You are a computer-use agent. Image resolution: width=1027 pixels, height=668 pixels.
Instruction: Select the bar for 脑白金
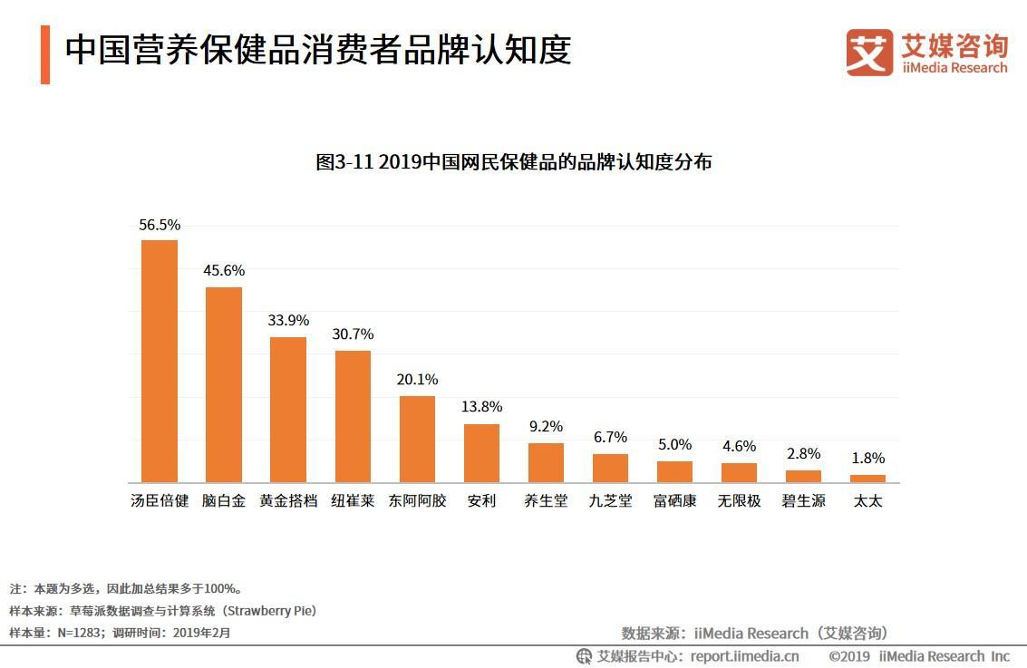[224, 384]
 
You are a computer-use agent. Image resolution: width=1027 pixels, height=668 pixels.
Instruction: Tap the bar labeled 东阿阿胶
[417, 439]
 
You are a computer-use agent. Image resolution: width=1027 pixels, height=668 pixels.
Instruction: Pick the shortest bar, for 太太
[867, 478]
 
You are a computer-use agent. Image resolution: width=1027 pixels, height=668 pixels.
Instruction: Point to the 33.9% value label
[288, 320]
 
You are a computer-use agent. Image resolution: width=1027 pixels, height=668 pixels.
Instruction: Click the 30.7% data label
[353, 334]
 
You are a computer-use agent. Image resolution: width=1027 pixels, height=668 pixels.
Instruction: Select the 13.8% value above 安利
[481, 406]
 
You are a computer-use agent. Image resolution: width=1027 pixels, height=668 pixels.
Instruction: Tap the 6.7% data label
[610, 437]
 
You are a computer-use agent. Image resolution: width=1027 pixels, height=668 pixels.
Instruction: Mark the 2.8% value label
[803, 453]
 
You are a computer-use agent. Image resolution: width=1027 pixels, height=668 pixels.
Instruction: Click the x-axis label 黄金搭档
[288, 500]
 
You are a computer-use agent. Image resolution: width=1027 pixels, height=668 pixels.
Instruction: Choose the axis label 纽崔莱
[353, 500]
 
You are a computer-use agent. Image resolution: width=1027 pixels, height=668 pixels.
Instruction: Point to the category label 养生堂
[546, 500]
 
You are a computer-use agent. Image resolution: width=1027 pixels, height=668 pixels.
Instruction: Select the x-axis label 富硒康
[674, 500]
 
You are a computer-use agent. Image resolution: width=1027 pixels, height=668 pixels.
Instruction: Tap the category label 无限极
[739, 500]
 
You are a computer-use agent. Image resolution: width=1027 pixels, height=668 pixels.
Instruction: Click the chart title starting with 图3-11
[513, 162]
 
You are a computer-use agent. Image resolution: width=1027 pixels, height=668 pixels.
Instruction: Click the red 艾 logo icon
[869, 53]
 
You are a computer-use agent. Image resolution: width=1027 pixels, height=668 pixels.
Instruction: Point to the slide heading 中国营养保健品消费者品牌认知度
[318, 50]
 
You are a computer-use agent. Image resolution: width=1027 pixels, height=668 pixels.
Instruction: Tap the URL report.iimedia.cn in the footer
[744, 656]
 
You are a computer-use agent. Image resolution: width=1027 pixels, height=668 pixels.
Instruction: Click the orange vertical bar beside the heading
[45, 54]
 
